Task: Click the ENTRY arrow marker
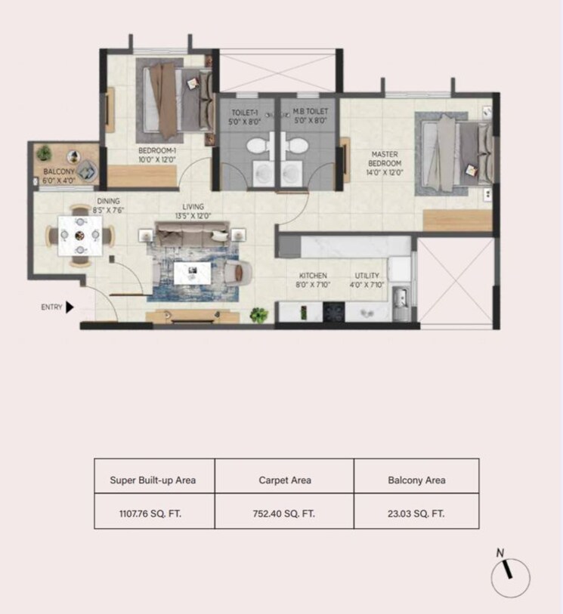[x=70, y=307]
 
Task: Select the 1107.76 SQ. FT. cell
[x=154, y=513]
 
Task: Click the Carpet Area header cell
[x=284, y=480]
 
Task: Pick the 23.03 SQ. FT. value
[x=416, y=513]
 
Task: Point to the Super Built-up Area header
[x=154, y=480]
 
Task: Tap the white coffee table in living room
[x=191, y=272]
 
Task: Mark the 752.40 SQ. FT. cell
[x=284, y=513]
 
